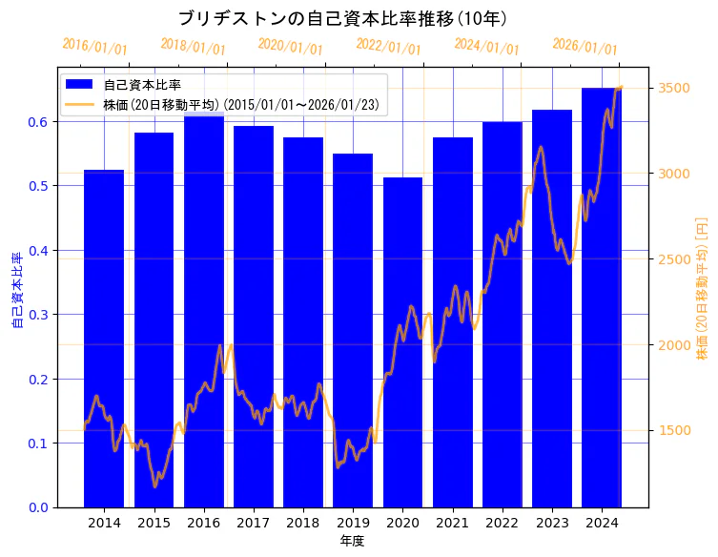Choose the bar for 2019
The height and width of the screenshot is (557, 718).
pos(353,330)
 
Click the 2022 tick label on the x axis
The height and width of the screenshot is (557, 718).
pos(502,523)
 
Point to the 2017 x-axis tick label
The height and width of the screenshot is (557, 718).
pos(254,523)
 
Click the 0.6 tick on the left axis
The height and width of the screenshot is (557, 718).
pos(37,122)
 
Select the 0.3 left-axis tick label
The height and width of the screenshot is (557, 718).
pos(37,315)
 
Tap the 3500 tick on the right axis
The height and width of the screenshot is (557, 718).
pos(676,88)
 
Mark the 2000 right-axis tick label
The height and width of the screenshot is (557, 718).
pos(676,345)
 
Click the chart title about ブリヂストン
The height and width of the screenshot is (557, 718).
pos(342,18)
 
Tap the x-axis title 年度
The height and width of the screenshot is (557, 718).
pos(352,541)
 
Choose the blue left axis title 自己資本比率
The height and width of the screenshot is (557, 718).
pos(16,291)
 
